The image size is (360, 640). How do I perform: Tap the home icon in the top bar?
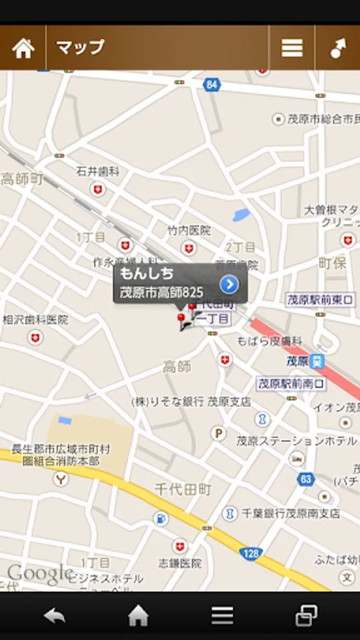click(x=23, y=48)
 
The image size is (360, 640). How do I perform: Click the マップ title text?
click(x=80, y=48)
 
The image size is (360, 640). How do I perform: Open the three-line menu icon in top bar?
click(x=292, y=48)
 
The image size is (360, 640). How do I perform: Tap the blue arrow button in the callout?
click(x=228, y=284)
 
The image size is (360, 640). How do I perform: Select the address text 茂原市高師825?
click(x=162, y=292)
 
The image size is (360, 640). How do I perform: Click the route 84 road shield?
click(x=211, y=85)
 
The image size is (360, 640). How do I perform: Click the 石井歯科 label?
click(x=97, y=171)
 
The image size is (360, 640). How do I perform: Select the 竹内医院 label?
click(x=189, y=230)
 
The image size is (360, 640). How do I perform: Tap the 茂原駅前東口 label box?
click(x=320, y=300)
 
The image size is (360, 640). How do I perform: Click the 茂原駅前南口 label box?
click(x=291, y=383)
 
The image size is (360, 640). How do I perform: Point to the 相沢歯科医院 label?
click(x=35, y=320)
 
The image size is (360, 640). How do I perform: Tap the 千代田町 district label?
click(x=183, y=489)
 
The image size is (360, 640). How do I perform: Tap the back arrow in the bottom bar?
click(x=55, y=616)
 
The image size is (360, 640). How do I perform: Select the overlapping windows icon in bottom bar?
click(x=306, y=616)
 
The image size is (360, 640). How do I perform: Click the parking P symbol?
click(x=219, y=432)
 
